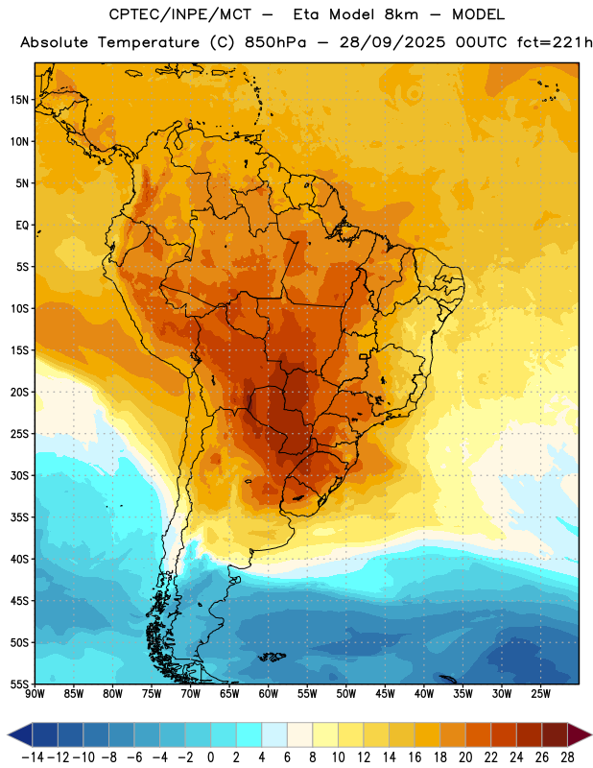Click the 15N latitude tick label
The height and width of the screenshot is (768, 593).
[x=19, y=100]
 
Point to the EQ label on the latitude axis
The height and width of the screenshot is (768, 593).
[x=22, y=226]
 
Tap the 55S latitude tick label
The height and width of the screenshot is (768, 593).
[x=19, y=684]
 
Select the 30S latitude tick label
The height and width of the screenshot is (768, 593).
[x=19, y=475]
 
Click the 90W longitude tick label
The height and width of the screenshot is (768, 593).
[x=35, y=693]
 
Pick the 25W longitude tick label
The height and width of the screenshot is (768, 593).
[x=540, y=693]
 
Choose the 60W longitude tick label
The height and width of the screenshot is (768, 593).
[x=269, y=693]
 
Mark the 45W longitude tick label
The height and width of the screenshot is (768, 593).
[x=385, y=693]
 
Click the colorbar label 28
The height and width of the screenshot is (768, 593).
[x=567, y=757]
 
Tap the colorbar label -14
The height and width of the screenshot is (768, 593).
[x=33, y=757]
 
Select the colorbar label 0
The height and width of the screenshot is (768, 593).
[x=211, y=757]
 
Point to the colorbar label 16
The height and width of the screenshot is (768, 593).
[x=415, y=757]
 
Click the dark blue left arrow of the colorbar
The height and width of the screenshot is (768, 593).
[x=20, y=734]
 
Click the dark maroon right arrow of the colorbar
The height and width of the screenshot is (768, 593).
[x=580, y=734]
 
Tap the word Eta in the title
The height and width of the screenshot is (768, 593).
[x=306, y=14]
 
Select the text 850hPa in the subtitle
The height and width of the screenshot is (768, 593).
[x=275, y=42]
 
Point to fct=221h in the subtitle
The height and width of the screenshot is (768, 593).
[x=554, y=42]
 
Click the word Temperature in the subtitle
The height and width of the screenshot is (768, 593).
[x=149, y=42]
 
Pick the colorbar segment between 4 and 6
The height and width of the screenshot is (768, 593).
[x=274, y=734]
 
